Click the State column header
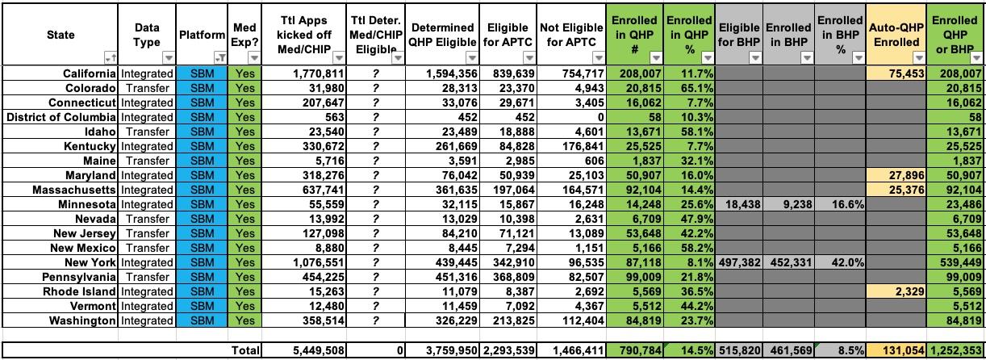[61, 35]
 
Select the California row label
[90, 73]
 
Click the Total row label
[245, 350]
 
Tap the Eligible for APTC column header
[508, 34]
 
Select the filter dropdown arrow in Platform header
[219, 58]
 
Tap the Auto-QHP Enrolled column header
[894, 34]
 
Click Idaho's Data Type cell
[147, 132]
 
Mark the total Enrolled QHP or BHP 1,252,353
[956, 350]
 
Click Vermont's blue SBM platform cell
[204, 306]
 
